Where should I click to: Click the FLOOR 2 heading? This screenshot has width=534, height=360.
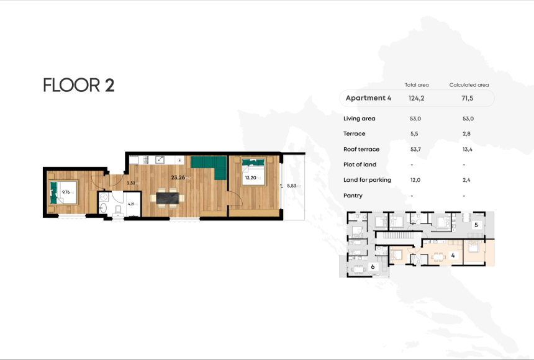(x=79, y=85)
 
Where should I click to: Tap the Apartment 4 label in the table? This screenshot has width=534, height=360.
(x=368, y=98)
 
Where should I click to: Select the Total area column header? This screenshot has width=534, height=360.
(x=417, y=84)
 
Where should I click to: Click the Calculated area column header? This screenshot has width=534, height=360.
(x=469, y=84)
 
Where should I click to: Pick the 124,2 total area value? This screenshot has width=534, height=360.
(x=417, y=98)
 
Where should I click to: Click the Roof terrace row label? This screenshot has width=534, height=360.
(x=361, y=149)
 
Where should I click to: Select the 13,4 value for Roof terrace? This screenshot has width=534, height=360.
(x=464, y=149)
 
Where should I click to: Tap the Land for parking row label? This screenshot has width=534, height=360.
(x=367, y=180)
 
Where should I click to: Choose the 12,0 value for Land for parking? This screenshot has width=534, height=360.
(x=415, y=180)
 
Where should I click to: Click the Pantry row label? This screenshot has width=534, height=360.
(x=353, y=196)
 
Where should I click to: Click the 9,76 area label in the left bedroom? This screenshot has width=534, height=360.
(x=68, y=192)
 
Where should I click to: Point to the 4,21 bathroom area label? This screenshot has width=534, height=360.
(x=131, y=203)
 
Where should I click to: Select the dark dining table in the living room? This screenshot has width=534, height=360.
(x=168, y=198)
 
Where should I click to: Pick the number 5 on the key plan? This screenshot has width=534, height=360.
(x=476, y=225)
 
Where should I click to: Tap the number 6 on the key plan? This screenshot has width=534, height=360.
(x=373, y=266)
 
